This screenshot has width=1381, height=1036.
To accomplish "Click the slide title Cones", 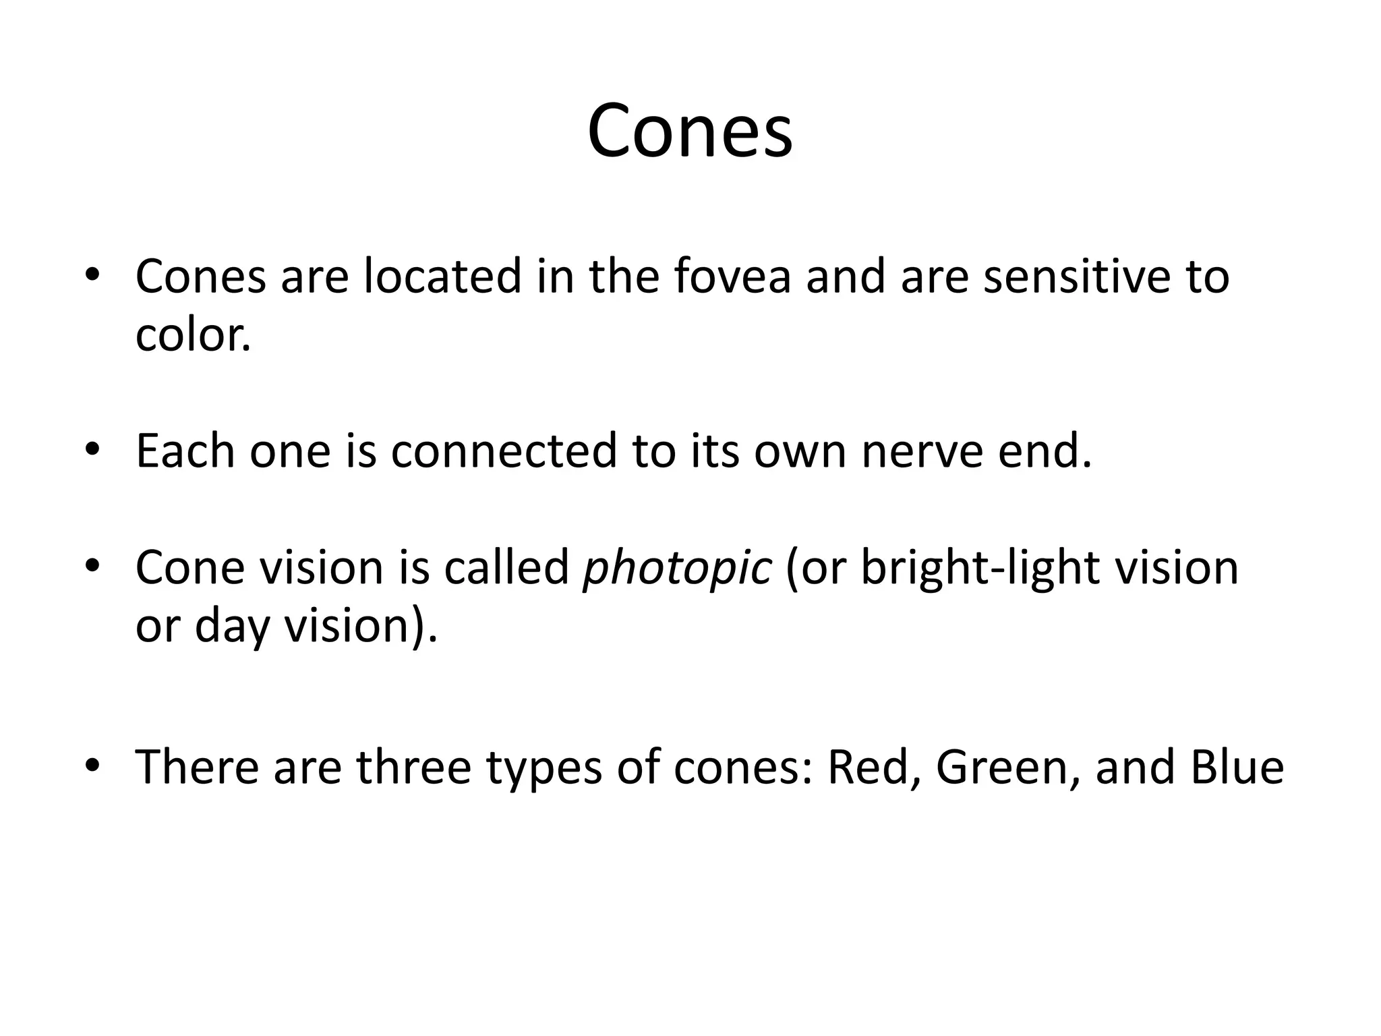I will pyautogui.click(x=690, y=131).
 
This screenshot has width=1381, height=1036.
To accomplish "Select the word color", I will pyautogui.click(x=193, y=335).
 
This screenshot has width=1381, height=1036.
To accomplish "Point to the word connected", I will pyautogui.click(x=504, y=451).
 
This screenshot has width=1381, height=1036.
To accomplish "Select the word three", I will pyautogui.click(x=413, y=768).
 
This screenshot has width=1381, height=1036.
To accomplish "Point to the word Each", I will pyautogui.click(x=185, y=451).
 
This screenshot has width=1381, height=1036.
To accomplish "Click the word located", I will pyautogui.click(x=442, y=277).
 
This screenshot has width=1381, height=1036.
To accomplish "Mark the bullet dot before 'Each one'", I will pyautogui.click(x=92, y=449).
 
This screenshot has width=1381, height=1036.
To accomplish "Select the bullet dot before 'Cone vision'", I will pyautogui.click(x=92, y=565).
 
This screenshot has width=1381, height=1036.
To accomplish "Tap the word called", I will pyautogui.click(x=506, y=567).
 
